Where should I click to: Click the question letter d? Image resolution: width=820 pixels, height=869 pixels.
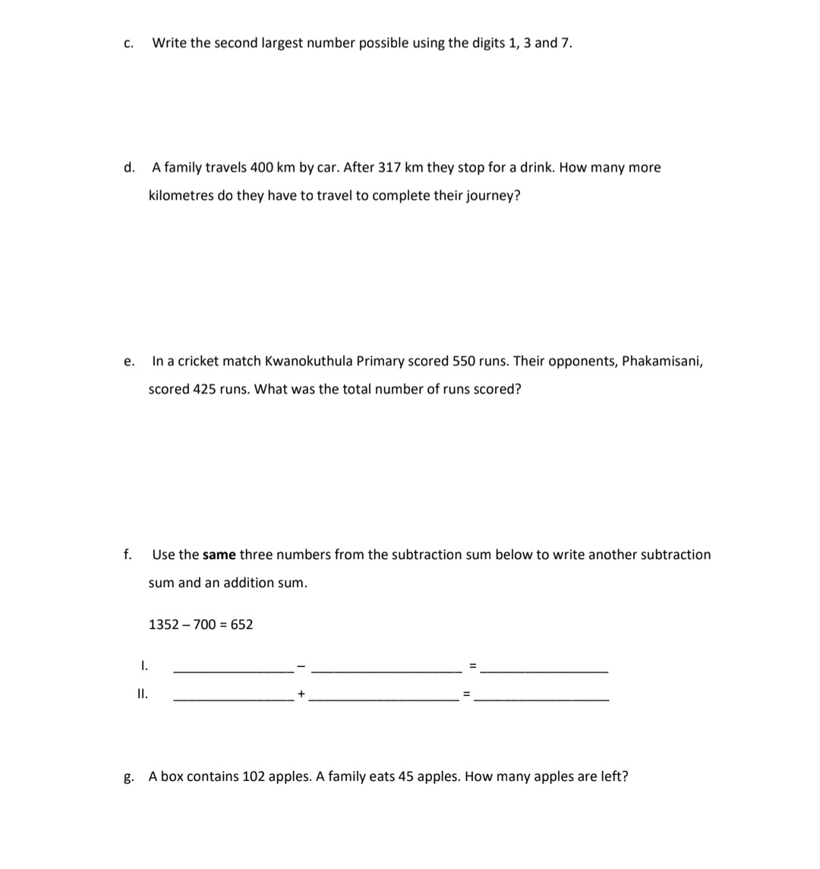[129, 167]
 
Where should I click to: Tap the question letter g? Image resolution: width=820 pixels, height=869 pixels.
[129, 777]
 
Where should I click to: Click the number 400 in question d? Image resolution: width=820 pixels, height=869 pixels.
[262, 167]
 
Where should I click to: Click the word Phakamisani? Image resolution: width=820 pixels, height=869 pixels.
[661, 361]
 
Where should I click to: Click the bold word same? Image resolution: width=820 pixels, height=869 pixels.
[219, 555]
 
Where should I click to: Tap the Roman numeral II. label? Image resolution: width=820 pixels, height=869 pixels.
[142, 693]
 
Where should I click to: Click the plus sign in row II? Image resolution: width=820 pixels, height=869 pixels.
[301, 694]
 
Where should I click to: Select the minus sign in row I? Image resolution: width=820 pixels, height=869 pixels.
[301, 667]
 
